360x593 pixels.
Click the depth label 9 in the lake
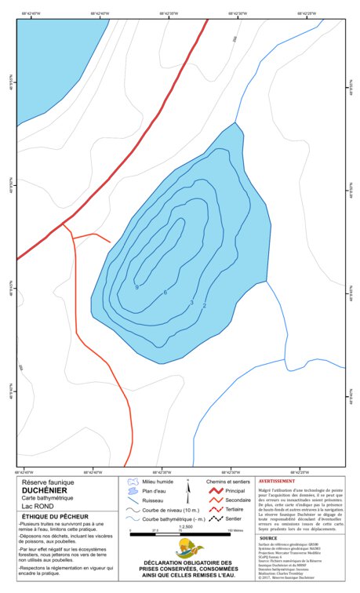[136, 288]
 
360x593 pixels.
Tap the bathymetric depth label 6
[165, 293]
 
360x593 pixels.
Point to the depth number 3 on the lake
[191, 302]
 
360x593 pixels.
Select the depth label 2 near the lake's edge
[205, 305]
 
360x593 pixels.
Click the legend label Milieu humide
[158, 481]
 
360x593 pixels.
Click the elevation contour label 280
[234, 38]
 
